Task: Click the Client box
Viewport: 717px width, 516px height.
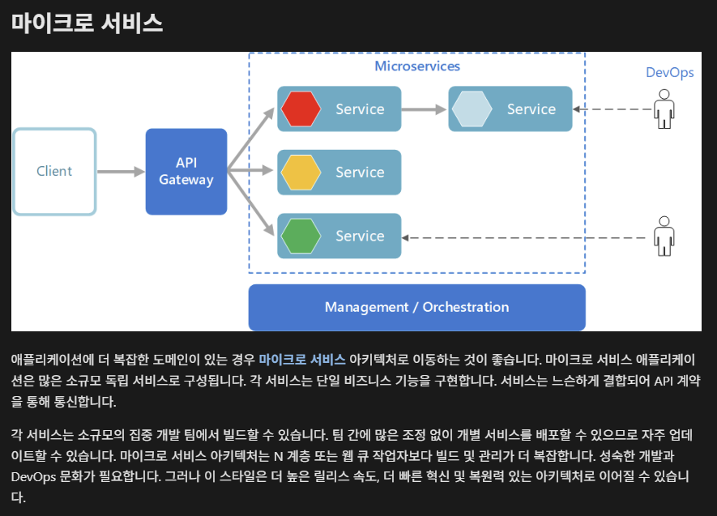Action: [x=54, y=172]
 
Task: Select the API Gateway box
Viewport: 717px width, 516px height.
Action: [x=186, y=172]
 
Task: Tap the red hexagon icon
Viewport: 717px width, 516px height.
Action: [x=301, y=109]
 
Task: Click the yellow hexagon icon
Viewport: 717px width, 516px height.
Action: [x=301, y=173]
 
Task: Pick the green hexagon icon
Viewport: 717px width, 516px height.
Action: [x=301, y=236]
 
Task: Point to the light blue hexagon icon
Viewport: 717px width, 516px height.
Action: [x=472, y=109]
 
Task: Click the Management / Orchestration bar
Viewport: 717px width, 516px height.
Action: [x=416, y=308]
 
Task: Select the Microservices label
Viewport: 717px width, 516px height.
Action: [x=416, y=66]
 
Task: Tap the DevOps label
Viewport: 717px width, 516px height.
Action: [x=669, y=72]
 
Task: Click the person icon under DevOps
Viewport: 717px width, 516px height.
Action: [x=664, y=109]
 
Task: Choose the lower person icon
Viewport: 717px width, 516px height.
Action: [x=664, y=236]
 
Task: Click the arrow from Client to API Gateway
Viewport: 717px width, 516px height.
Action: [x=120, y=172]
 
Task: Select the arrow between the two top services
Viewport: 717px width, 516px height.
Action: [x=424, y=109]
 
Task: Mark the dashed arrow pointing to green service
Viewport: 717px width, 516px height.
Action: [x=527, y=237]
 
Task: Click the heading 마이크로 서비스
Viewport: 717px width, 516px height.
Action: [x=87, y=23]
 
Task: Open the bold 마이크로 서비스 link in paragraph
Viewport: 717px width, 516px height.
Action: [x=302, y=360]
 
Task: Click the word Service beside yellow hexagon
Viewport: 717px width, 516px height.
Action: [x=360, y=173]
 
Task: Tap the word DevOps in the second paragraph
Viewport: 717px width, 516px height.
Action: [x=33, y=476]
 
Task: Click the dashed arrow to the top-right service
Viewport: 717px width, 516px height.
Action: [x=612, y=109]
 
